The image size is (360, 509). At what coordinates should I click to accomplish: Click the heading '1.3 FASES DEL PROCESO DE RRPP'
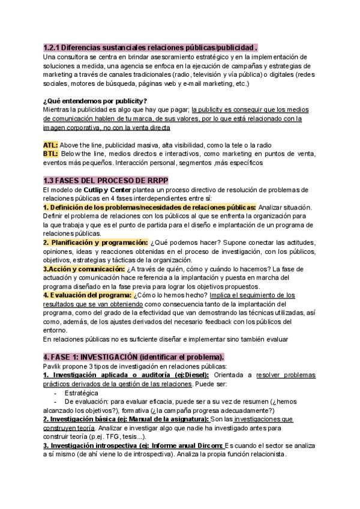coord(106,180)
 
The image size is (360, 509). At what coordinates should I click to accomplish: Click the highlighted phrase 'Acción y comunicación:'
coord(83,269)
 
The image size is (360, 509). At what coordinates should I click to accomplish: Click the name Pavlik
coord(52,365)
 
